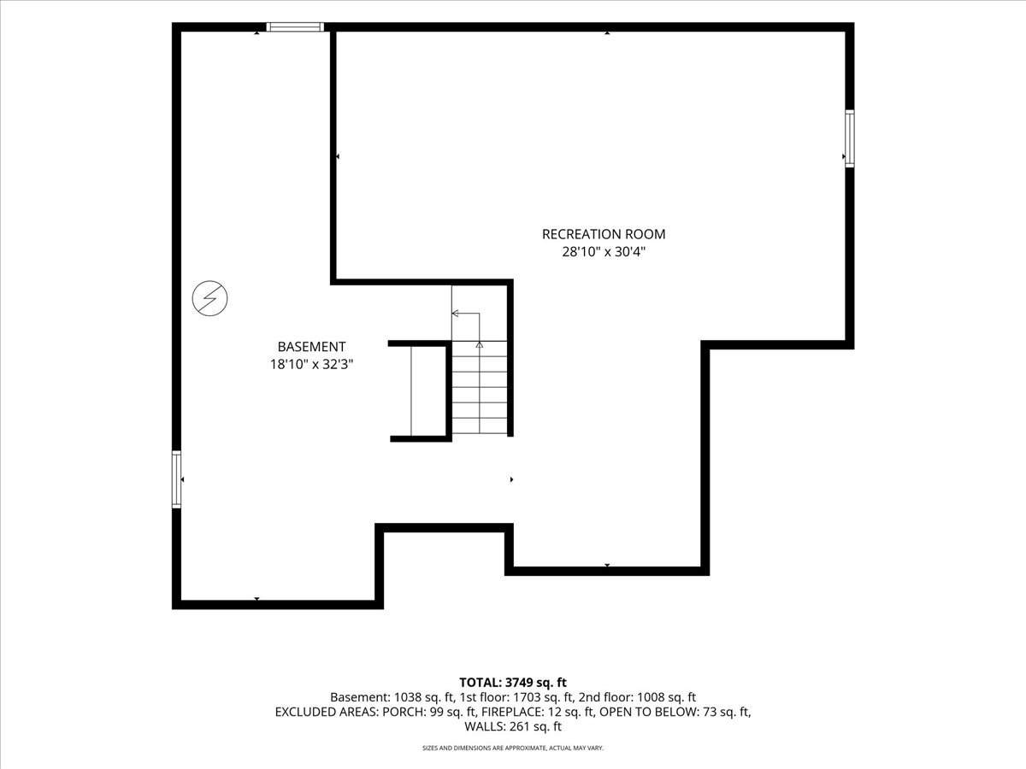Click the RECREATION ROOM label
click(604, 234)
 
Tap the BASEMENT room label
click(311, 346)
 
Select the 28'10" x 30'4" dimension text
click(604, 252)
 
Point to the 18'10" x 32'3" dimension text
click(311, 364)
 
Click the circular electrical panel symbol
click(209, 298)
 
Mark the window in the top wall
click(295, 27)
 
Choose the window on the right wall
click(850, 138)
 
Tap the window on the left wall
click(176, 479)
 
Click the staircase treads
click(480, 388)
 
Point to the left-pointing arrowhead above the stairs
click(455, 314)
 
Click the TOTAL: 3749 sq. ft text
click(513, 683)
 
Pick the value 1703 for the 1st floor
click(528, 697)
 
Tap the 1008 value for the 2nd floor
click(650, 697)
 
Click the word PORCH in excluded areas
click(403, 712)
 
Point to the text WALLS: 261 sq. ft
click(513, 726)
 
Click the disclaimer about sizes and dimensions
click(513, 748)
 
